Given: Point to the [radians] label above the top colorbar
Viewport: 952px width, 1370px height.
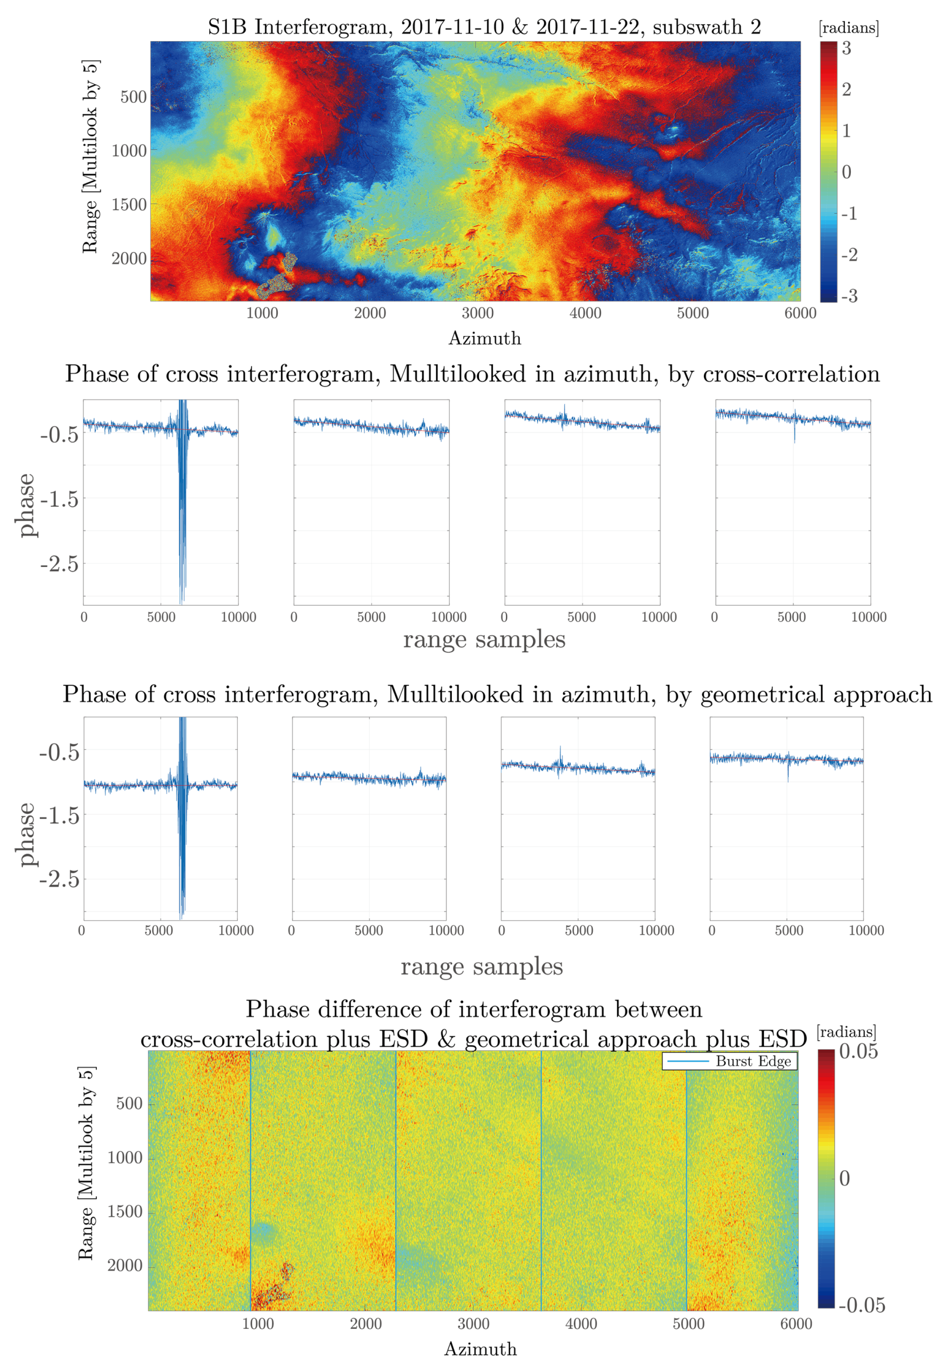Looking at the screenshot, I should (849, 28).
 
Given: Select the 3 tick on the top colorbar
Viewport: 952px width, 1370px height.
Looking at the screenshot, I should (846, 48).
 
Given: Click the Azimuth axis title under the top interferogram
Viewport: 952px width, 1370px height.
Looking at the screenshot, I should (485, 338).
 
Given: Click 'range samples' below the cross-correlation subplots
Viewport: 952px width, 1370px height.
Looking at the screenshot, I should (484, 639).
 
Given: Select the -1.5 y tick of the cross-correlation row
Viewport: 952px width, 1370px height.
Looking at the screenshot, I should (60, 499).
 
